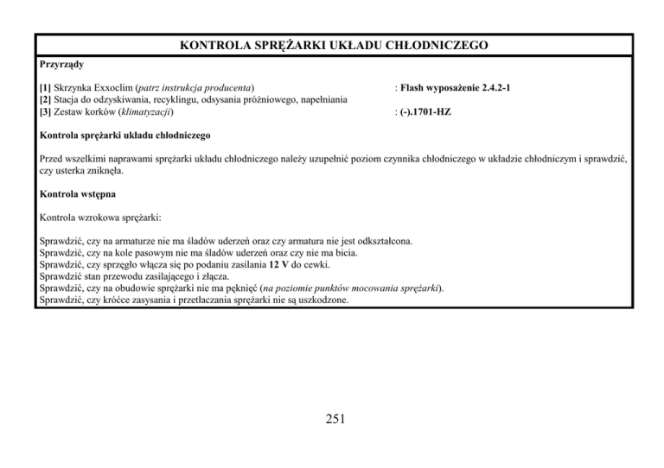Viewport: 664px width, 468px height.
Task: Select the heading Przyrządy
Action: tap(61, 64)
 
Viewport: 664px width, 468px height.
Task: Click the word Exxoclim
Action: tap(117, 88)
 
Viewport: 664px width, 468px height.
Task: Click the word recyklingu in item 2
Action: tap(181, 100)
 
